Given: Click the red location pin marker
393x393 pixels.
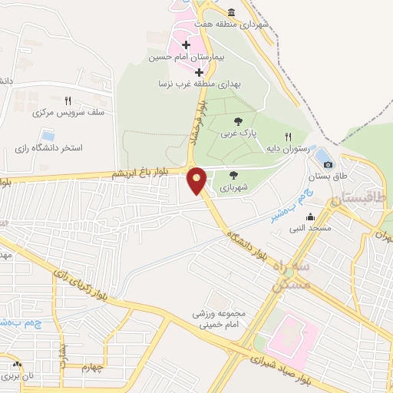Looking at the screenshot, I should coord(196,180).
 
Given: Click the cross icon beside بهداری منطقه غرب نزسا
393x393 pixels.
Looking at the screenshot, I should coord(200,72).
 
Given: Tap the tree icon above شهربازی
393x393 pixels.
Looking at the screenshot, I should coord(233,174).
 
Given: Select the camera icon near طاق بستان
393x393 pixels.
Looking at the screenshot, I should coord(328,163).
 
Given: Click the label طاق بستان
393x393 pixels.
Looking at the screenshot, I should coord(325,177).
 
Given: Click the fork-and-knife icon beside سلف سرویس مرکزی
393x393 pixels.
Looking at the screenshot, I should coord(68,101).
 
